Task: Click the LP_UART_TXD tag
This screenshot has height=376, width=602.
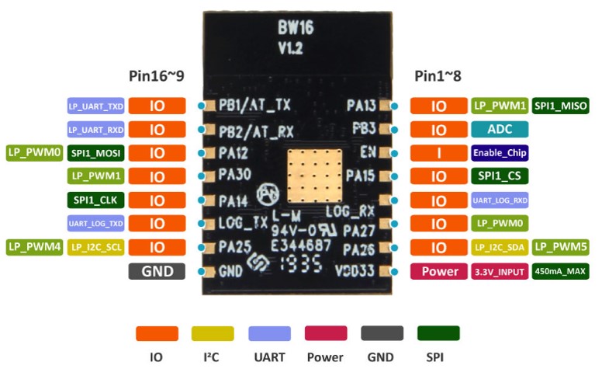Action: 96,106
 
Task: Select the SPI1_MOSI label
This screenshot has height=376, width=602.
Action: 96,153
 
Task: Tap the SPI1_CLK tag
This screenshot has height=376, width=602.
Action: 96,200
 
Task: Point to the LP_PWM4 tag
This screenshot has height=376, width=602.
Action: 35,247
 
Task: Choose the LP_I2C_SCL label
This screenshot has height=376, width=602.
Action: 96,247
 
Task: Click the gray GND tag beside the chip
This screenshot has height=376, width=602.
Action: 157,271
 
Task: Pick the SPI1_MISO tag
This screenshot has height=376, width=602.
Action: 561,106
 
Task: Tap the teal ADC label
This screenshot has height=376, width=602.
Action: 500,129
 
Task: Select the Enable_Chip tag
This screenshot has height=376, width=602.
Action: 500,153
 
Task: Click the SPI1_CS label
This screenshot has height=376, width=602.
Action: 500,176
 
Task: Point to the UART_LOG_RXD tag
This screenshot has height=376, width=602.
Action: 500,200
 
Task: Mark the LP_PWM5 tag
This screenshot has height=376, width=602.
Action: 561,247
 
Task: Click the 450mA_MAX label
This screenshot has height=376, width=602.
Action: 561,271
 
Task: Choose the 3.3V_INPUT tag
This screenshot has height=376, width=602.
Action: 500,271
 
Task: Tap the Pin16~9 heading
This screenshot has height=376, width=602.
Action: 157,76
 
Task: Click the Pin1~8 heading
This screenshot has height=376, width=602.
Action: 438,76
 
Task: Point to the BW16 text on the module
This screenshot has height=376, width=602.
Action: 296,28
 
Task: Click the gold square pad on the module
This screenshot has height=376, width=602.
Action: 315,176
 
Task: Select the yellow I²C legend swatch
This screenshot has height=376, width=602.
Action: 213,333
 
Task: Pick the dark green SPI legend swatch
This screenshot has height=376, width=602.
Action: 438,333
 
